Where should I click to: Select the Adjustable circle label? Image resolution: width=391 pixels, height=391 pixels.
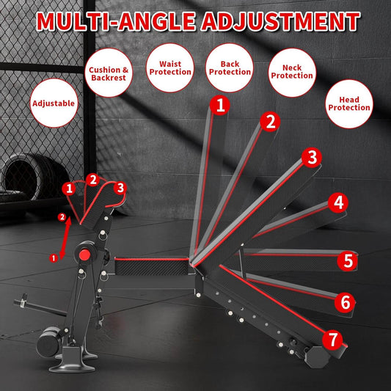point(54,103)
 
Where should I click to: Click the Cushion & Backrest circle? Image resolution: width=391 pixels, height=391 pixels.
point(109,74)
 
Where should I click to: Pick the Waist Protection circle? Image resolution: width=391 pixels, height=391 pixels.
point(170,68)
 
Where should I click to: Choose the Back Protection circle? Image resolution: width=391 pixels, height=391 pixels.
point(230,68)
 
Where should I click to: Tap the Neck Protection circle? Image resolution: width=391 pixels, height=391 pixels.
point(291,71)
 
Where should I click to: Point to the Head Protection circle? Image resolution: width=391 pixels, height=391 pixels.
point(349,103)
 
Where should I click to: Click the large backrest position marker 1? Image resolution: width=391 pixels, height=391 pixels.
point(219,105)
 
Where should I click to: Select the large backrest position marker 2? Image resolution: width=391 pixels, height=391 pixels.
point(271,121)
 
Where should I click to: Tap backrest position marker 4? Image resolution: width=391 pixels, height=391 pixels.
point(337,202)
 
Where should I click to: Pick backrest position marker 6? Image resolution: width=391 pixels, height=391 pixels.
point(345,302)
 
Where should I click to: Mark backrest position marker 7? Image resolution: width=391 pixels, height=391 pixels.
point(334,340)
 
